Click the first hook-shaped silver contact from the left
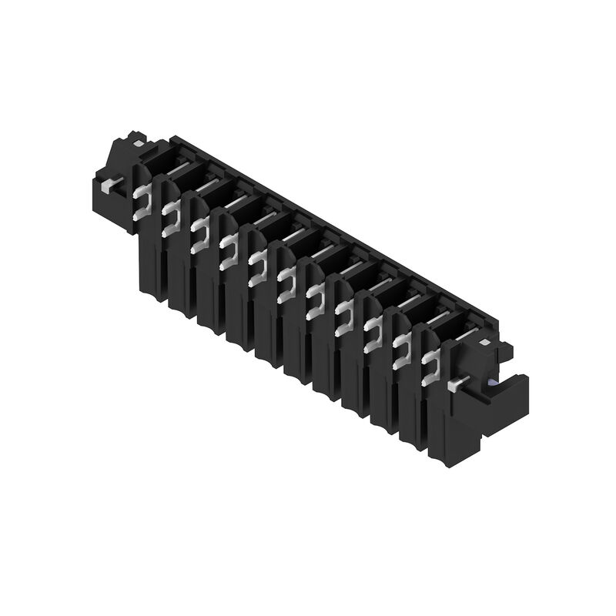tap(142, 202)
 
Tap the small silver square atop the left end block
tap(137, 143)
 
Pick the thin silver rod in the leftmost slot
tap(179, 167)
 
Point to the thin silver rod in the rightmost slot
tap(465, 334)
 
